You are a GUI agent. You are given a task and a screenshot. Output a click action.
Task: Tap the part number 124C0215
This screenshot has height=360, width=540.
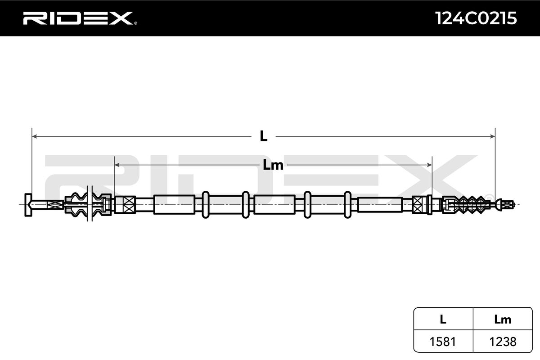point(476,18)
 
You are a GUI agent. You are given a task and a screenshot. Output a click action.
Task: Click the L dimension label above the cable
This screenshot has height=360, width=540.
point(264,136)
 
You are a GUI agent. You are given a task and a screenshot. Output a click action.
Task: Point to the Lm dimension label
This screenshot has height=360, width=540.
point(273,165)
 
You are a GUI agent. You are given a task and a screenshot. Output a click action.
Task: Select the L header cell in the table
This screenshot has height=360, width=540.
point(443,319)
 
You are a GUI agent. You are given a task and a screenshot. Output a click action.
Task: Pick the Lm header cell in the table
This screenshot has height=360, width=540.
point(503,319)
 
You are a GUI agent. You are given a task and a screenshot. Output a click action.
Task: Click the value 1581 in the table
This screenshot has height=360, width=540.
point(443,342)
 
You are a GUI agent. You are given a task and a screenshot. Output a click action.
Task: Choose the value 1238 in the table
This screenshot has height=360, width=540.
point(503,342)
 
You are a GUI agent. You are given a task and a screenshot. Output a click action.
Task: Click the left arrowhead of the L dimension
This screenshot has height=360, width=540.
point(35,136)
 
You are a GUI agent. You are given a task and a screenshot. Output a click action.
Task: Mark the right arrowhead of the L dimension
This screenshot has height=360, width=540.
point(493,136)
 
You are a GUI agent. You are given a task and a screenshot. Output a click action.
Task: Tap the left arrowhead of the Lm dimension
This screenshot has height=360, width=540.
point(117,165)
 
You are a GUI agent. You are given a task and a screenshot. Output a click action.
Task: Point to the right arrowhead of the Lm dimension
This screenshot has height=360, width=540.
point(429,165)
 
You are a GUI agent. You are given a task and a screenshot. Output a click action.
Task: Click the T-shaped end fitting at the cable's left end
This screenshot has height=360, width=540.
point(28,205)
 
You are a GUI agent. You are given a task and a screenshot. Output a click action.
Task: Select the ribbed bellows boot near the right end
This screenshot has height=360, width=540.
point(470,205)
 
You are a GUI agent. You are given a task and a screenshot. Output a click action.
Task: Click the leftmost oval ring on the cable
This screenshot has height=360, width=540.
point(205,205)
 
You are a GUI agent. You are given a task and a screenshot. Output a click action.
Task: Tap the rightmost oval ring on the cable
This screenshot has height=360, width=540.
point(347,205)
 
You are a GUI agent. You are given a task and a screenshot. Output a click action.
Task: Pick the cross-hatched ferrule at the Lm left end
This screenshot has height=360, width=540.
point(125,205)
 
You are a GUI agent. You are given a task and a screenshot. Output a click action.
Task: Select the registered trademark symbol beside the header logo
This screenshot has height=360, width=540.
point(135,23)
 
